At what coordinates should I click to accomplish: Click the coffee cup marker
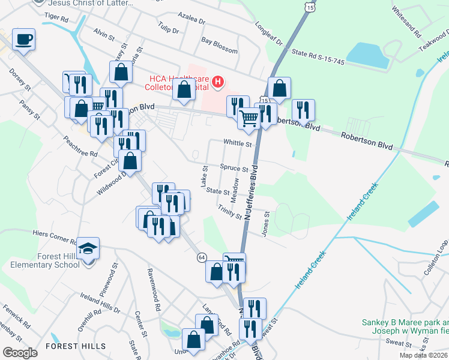pyautogui.click(x=24, y=40)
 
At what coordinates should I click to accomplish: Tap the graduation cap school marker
pyautogui.click(x=88, y=248)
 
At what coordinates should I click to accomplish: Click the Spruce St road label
pyautogui.click(x=234, y=169)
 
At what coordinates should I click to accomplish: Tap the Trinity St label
pyautogui.click(x=230, y=212)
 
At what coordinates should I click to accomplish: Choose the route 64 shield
pyautogui.click(x=202, y=257)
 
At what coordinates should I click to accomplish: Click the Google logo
pyautogui.click(x=20, y=353)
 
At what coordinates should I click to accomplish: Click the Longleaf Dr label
pyautogui.click(x=268, y=34)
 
